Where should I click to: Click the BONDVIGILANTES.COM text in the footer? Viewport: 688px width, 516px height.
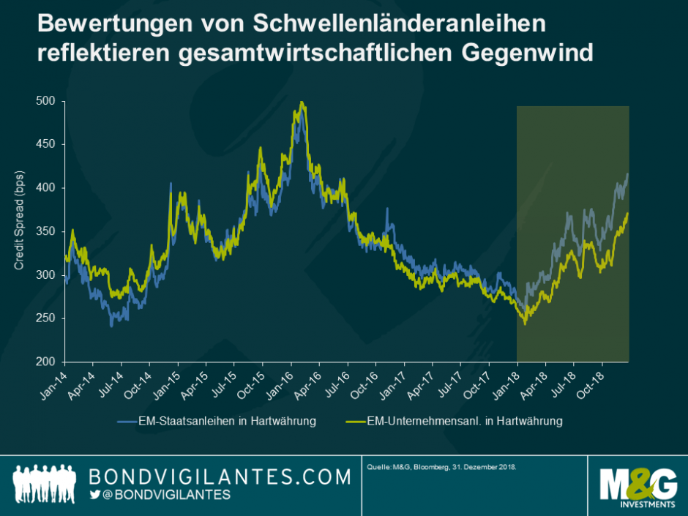click(x=220, y=477)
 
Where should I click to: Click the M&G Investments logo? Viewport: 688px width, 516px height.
click(x=636, y=486)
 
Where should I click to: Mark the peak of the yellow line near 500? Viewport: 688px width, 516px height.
click(x=301, y=102)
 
